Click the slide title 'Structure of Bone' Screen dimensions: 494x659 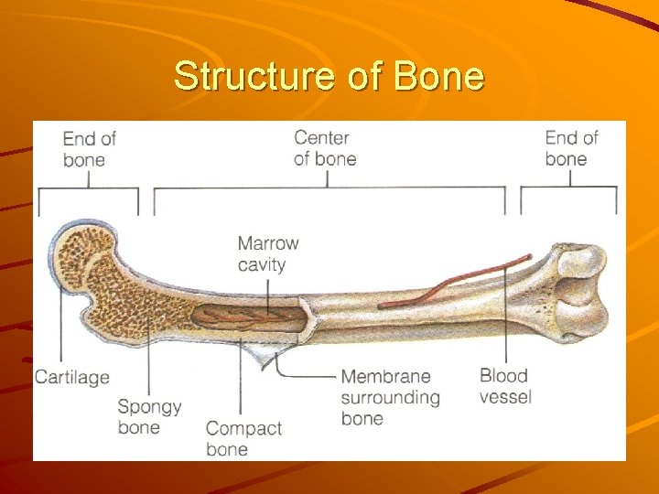click(x=329, y=76)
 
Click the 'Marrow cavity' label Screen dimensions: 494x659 click(x=267, y=253)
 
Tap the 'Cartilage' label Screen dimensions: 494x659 click(x=71, y=377)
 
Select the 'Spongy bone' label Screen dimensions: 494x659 click(x=149, y=416)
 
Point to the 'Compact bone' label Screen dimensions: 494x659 click(x=243, y=438)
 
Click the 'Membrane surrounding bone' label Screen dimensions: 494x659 click(x=390, y=397)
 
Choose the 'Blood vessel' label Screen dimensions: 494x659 click(x=505, y=386)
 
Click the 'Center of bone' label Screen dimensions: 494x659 click(x=325, y=148)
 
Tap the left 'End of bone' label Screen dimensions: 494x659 click(x=89, y=148)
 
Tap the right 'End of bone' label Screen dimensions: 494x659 click(x=571, y=148)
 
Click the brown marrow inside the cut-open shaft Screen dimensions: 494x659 click(x=247, y=317)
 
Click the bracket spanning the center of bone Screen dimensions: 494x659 click(x=329, y=188)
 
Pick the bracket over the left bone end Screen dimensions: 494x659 click(x=89, y=189)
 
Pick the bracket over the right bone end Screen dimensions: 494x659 click(x=569, y=188)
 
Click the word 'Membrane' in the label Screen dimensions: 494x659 click(x=385, y=376)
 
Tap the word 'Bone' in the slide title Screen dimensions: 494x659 click(x=438, y=76)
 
